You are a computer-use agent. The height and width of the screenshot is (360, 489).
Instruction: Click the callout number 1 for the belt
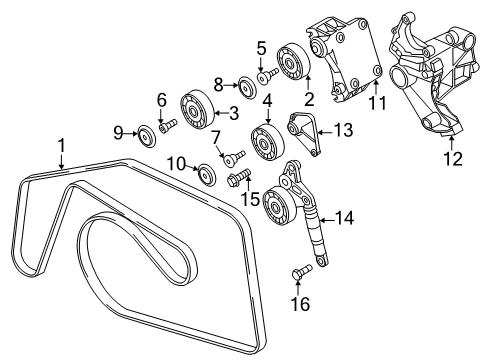click(61, 146)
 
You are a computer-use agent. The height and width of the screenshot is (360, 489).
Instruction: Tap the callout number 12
click(453, 159)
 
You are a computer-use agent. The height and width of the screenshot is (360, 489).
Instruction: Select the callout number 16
click(300, 304)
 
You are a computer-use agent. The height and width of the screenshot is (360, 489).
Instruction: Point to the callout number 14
click(344, 218)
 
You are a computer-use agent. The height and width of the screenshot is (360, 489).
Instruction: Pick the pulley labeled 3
click(197, 109)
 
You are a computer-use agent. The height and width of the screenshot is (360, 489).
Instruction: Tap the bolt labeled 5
click(268, 76)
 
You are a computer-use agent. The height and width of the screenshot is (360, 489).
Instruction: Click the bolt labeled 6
click(169, 126)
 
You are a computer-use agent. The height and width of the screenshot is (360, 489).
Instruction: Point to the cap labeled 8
click(247, 88)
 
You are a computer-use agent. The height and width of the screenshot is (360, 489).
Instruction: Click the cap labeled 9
click(146, 135)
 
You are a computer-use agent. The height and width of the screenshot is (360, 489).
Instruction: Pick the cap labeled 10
click(207, 174)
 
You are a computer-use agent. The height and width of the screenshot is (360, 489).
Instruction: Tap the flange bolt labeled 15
click(238, 177)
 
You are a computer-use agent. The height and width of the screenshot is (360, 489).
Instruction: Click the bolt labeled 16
click(302, 270)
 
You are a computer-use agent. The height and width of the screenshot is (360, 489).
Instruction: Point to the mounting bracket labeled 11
click(343, 60)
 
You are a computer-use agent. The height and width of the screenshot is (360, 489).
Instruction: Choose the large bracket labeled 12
click(433, 73)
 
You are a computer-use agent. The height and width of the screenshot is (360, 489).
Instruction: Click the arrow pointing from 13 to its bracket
click(326, 132)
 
